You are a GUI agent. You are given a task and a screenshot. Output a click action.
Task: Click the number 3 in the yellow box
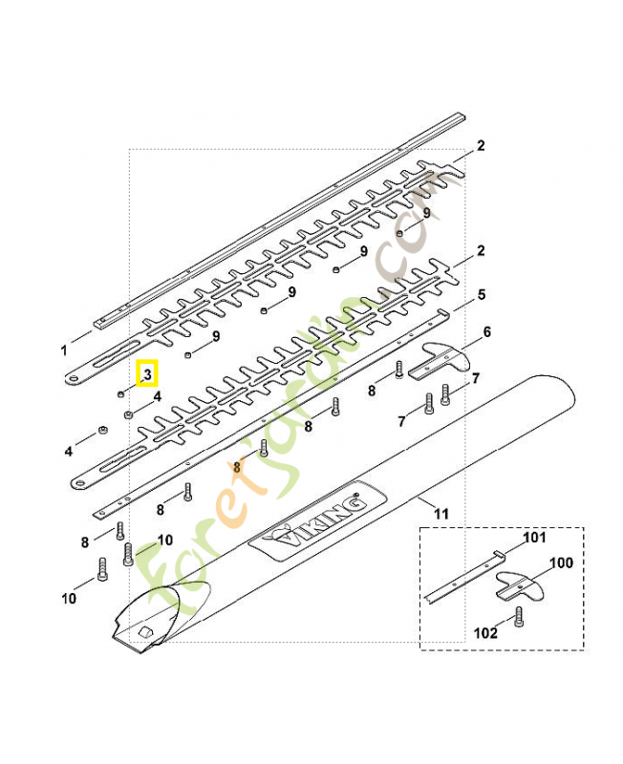pyautogui.click(x=148, y=373)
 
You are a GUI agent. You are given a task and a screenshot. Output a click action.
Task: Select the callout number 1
pyautogui.click(x=64, y=350)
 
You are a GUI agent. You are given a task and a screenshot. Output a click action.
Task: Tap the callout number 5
pyautogui.click(x=482, y=294)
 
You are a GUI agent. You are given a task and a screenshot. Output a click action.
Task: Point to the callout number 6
pyautogui.click(x=486, y=331)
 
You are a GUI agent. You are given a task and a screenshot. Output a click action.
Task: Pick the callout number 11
pyautogui.click(x=440, y=514)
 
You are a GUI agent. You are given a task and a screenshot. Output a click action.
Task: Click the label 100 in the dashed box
pyautogui.click(x=561, y=562)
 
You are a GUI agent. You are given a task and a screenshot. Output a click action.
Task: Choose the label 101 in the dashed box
pyautogui.click(x=534, y=538)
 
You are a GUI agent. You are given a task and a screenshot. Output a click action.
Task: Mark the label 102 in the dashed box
pyautogui.click(x=485, y=633)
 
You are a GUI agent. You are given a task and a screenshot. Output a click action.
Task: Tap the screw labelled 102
pyautogui.click(x=518, y=616)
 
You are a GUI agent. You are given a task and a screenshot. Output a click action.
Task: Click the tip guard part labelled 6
pyautogui.click(x=439, y=360)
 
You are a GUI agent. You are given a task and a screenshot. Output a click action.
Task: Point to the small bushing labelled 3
pyautogui.click(x=120, y=393)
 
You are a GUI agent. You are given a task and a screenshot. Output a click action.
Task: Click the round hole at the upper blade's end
pyautogui.click(x=74, y=378)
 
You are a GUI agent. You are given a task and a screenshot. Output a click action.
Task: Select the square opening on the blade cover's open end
pyautogui.click(x=145, y=632)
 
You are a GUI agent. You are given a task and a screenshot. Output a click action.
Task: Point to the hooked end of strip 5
pyautogui.click(x=441, y=311)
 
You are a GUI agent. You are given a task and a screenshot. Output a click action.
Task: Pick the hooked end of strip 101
pyautogui.click(x=498, y=553)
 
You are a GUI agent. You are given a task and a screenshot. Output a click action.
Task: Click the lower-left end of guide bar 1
pyautogui.click(x=100, y=324)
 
